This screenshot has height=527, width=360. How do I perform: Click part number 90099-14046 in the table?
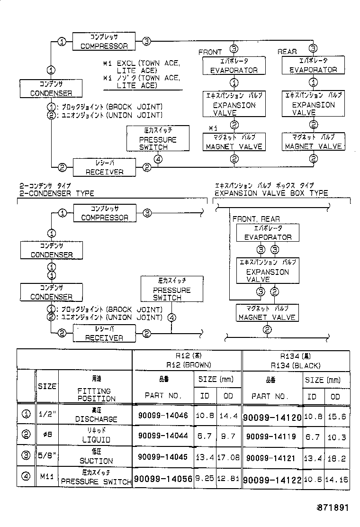(162, 415)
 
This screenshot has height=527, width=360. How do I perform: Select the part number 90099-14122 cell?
(272, 480)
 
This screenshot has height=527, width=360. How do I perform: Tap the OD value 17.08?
(229, 458)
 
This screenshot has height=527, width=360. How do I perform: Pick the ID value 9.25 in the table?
(205, 479)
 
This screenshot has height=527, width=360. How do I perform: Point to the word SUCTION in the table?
(96, 461)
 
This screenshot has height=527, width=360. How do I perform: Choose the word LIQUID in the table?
(96, 439)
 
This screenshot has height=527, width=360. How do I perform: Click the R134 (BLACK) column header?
(295, 365)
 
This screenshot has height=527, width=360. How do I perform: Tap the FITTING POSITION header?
(96, 395)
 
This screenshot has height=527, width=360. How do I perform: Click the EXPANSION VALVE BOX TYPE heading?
(271, 193)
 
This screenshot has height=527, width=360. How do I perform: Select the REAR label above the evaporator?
(287, 51)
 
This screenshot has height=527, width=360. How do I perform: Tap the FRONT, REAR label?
(256, 219)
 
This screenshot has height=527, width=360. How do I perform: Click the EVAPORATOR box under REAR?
(313, 66)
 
